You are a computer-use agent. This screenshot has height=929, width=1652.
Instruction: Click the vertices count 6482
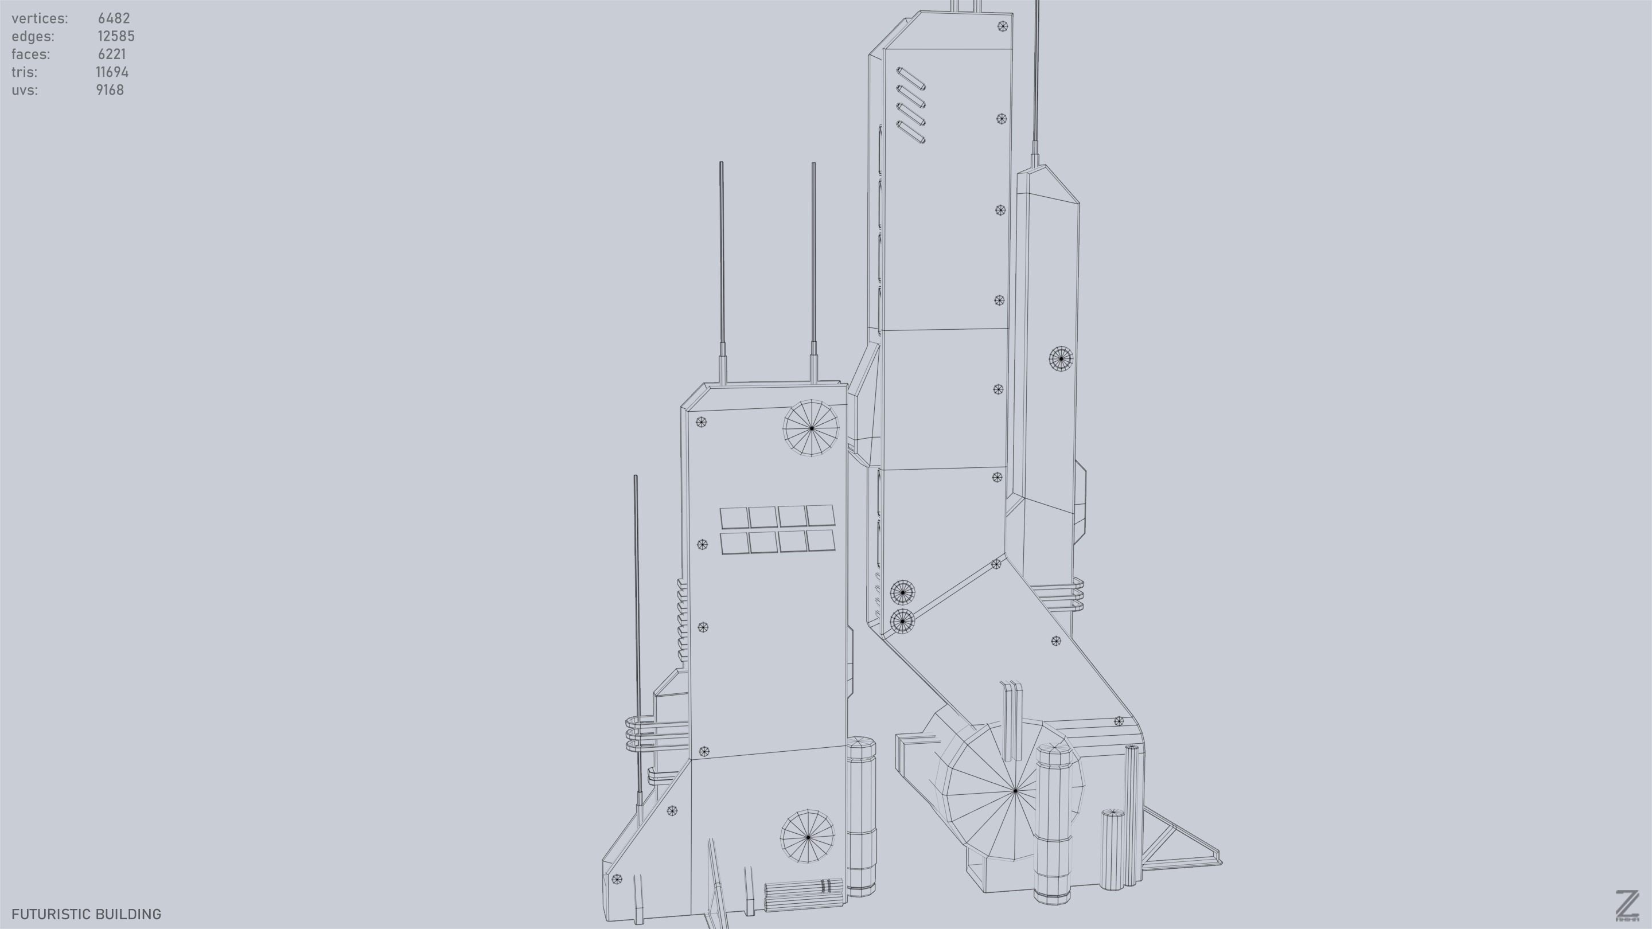[x=114, y=18]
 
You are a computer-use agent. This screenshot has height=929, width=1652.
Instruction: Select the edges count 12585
[x=115, y=37]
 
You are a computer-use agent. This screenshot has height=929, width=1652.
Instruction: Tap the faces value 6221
[x=112, y=54]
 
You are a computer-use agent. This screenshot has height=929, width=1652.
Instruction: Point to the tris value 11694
[x=112, y=72]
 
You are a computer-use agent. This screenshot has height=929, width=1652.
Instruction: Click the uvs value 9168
[x=110, y=91]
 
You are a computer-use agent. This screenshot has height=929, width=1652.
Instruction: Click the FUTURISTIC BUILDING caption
[x=86, y=914]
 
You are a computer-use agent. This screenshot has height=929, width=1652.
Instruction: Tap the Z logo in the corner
[x=1626, y=905]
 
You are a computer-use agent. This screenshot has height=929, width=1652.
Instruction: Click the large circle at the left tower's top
[x=811, y=428]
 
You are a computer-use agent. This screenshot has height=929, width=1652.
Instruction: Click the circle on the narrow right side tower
[x=1060, y=358]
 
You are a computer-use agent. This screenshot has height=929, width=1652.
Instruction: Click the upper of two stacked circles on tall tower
[x=902, y=592]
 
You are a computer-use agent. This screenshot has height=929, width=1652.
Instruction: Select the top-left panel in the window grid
[x=734, y=518]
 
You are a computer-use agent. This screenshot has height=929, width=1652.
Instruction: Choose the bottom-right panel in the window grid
[x=821, y=540]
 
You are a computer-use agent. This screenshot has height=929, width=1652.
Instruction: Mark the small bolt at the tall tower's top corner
[x=1002, y=26]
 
